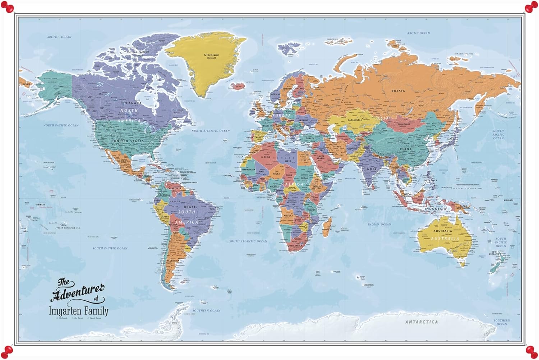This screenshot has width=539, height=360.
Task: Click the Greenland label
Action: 211,55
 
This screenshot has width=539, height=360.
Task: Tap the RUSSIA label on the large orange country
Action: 398,91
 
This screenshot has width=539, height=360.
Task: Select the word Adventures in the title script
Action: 78,292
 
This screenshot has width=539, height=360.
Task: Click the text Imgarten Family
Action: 78,311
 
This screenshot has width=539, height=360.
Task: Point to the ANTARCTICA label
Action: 421,322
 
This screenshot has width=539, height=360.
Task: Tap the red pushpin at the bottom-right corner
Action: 531,351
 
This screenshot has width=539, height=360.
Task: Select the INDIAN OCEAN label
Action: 379,224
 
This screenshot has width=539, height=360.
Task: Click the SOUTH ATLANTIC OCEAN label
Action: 248,241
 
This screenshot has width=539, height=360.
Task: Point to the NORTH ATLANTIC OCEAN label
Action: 210,131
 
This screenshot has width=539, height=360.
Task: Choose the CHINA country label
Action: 406,149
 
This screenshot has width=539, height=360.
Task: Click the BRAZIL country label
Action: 190,207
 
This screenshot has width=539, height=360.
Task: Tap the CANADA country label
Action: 133,103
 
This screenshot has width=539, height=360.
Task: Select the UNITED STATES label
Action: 129,141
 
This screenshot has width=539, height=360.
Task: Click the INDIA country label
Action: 371,169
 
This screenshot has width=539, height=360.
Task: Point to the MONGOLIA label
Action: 404,124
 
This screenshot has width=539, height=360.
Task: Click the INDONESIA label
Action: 435,209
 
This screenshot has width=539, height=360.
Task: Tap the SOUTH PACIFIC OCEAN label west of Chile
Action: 110,248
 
